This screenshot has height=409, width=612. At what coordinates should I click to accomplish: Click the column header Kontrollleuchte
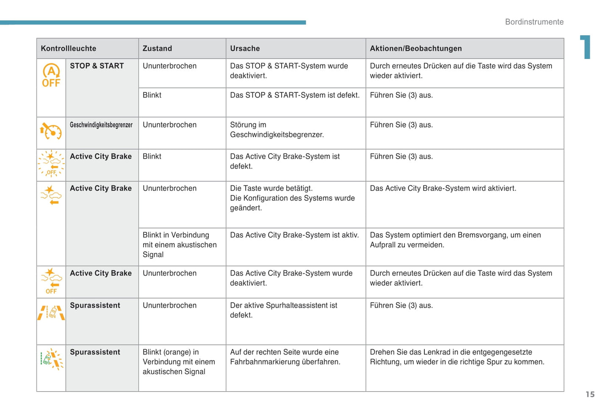[x=69, y=48]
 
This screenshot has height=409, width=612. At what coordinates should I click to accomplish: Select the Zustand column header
[x=157, y=48]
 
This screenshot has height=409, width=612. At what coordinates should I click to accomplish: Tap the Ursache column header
[x=245, y=48]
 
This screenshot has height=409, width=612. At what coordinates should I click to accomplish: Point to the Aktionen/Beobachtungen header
[x=415, y=48]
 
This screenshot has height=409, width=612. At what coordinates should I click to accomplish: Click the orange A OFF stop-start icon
[x=51, y=76]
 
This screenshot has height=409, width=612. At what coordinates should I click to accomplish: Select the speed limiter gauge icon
[x=51, y=131]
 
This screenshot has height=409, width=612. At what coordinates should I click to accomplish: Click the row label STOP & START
[x=97, y=66]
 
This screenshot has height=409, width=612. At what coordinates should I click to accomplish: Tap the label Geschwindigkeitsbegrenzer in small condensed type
[x=101, y=125]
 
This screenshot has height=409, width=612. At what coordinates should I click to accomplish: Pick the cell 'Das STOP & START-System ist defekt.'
[x=294, y=95]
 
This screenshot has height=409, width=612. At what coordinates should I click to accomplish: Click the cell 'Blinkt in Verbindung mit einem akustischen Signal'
[x=180, y=245]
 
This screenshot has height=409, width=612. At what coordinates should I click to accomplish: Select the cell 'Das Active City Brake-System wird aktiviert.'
[x=443, y=188]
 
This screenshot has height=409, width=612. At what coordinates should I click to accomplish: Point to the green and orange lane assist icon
[x=51, y=359]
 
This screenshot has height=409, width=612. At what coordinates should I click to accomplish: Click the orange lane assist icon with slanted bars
[x=51, y=313]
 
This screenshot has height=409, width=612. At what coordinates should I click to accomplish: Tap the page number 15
[x=590, y=395]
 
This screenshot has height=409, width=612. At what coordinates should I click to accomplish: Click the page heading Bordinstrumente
[x=534, y=22]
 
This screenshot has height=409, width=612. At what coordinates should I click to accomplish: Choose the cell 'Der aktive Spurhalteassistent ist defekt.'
[x=283, y=310]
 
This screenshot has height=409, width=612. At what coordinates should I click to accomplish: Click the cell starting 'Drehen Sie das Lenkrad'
[x=457, y=357]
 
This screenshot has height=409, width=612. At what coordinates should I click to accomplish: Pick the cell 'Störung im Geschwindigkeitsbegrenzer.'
[x=277, y=130]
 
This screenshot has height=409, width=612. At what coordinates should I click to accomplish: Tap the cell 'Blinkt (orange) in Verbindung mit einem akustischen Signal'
[x=179, y=362]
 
